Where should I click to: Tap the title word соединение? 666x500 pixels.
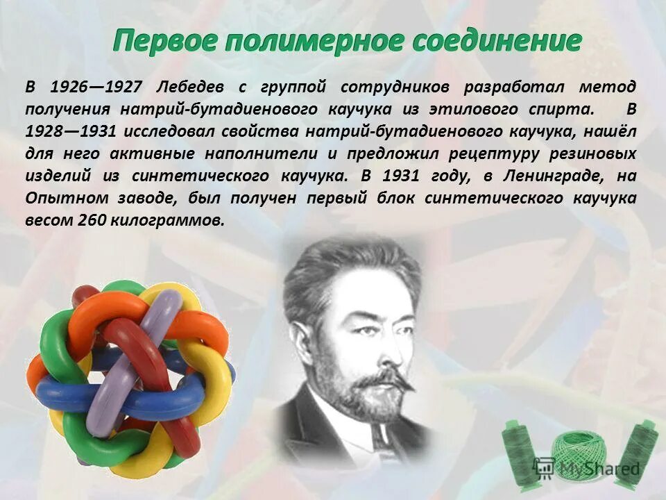point(497,42)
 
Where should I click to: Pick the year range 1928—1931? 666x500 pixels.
point(71,132)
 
